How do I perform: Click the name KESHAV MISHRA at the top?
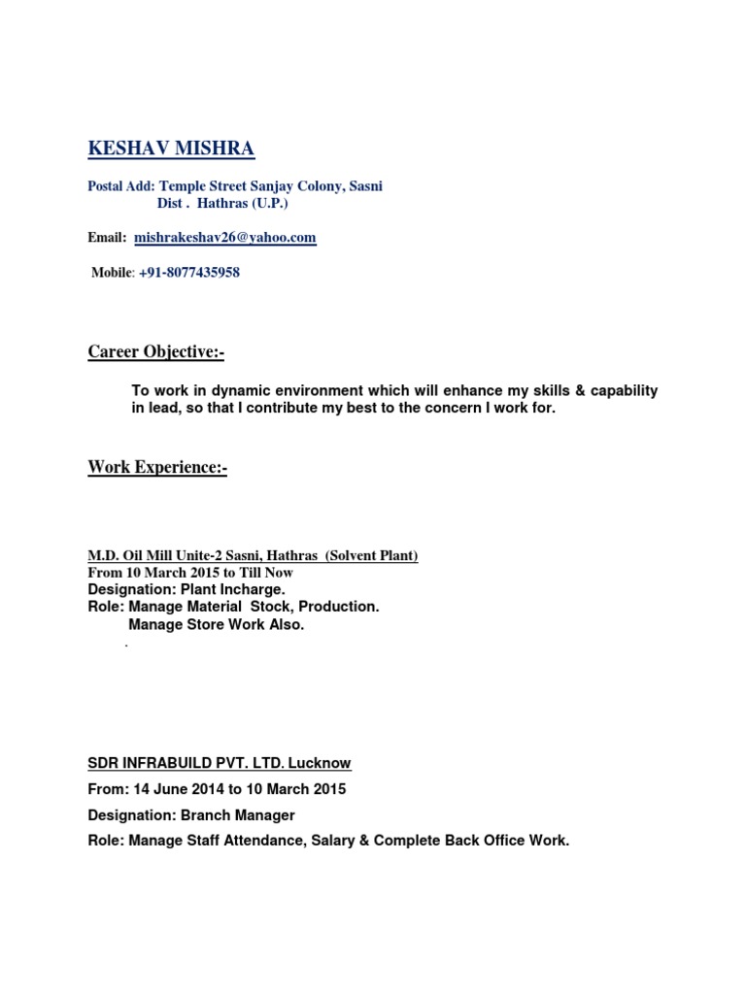coord(171,149)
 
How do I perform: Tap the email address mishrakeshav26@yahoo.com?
coord(224,237)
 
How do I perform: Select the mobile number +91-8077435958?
coord(188,273)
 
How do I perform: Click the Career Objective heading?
coord(155,351)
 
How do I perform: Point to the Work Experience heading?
coord(157,468)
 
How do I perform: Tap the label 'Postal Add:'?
coord(121,185)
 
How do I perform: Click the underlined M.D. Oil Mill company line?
coord(253,555)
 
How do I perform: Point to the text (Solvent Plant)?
coord(371,555)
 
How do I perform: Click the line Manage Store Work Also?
coord(216,624)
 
